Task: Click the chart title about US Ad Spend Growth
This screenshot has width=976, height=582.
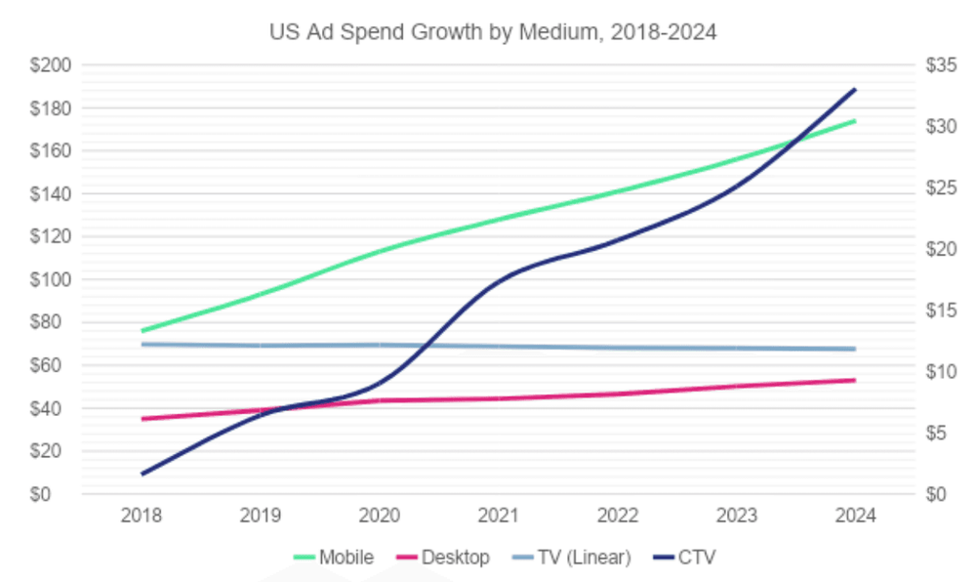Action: tap(493, 32)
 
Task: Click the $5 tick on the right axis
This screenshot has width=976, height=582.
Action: tap(937, 433)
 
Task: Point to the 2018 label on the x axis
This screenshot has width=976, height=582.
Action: tap(142, 516)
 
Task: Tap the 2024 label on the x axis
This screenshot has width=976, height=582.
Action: tap(856, 516)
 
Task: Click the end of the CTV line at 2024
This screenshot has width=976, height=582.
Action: tap(856, 89)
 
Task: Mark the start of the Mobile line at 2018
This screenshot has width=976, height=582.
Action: tap(142, 331)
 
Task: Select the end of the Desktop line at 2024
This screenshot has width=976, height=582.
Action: tap(856, 380)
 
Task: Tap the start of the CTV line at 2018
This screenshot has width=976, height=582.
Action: tap(142, 474)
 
